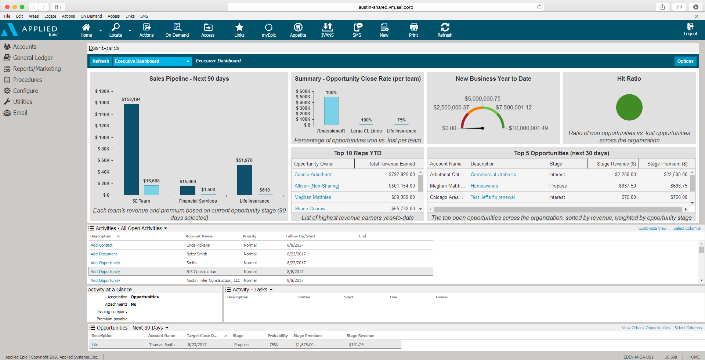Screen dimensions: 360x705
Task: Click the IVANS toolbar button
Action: click(327, 29)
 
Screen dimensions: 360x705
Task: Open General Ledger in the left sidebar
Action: click(33, 58)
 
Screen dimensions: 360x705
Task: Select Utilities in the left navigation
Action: click(22, 102)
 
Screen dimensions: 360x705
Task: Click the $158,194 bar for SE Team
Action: click(131, 149)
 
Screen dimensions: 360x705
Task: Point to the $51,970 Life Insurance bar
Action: click(245, 179)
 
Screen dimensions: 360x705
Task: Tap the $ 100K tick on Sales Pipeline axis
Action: click(103, 137)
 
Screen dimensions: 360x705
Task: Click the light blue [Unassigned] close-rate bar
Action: click(331, 111)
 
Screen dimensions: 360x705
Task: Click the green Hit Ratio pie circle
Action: click(629, 108)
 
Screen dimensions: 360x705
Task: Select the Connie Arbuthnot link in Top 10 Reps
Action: click(312, 175)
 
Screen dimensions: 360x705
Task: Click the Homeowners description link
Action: click(484, 186)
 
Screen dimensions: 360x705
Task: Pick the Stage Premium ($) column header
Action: click(667, 164)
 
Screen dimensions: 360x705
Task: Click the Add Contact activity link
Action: click(102, 245)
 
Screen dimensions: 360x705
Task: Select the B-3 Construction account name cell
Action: click(201, 272)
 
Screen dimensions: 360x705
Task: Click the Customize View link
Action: click(652, 228)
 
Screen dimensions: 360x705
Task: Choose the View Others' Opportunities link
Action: click(646, 328)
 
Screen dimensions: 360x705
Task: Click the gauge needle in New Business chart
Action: click(472, 128)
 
